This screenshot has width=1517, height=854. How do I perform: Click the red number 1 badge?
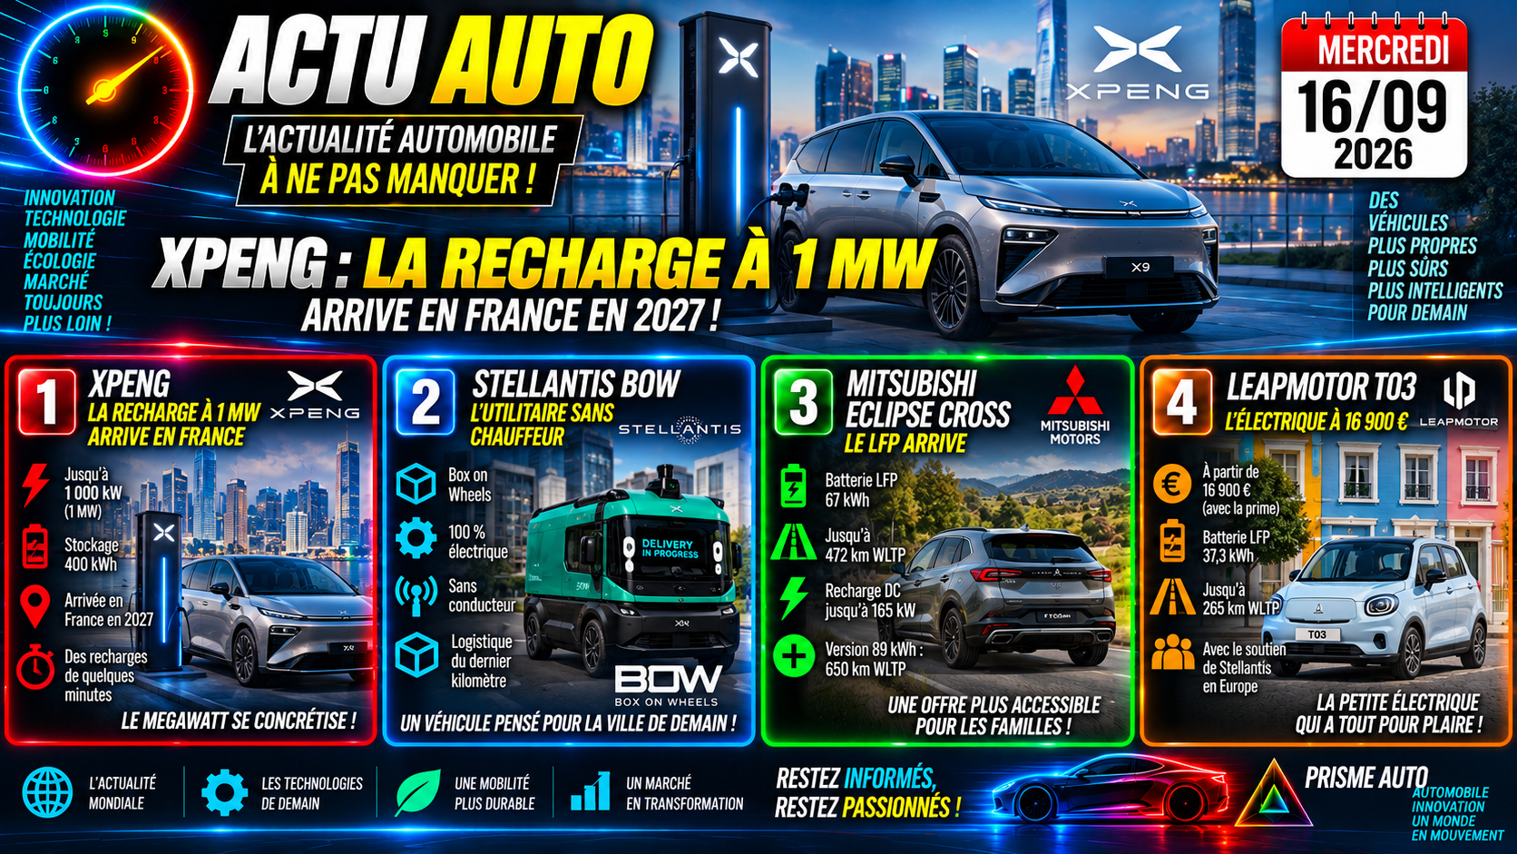[47, 402]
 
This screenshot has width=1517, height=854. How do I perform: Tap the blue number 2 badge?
[426, 402]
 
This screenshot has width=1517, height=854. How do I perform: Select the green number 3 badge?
[804, 402]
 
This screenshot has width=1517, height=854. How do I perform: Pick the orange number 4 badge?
[1182, 402]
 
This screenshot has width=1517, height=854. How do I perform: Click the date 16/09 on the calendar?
[1373, 106]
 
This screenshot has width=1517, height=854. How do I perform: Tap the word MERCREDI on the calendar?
[1374, 49]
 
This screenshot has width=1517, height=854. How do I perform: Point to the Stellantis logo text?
[680, 428]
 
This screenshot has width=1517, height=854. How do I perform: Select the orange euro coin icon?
[1172, 484]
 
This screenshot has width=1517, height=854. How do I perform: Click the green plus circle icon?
[794, 655]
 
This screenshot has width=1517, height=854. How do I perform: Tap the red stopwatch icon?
[35, 667]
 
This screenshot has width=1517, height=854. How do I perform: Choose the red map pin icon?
[35, 607]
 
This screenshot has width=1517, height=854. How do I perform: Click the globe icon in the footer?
[47, 792]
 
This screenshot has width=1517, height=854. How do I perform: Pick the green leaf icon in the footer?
[417, 791]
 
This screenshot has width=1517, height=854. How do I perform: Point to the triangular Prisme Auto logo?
[1274, 795]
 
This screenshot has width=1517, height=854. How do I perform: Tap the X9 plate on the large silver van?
[1140, 267]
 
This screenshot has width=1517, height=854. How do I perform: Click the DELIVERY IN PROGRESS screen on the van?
[669, 548]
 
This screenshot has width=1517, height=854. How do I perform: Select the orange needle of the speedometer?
[125, 76]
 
